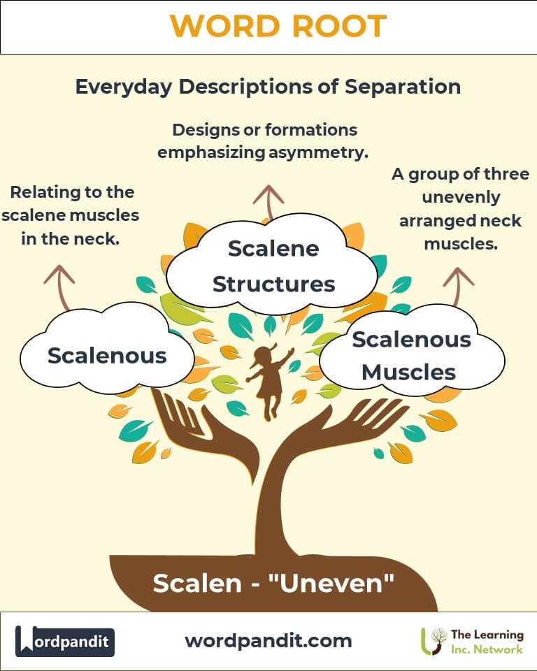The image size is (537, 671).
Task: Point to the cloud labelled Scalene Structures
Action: pyautogui.click(x=273, y=266)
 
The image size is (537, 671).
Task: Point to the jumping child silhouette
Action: pyautogui.click(x=269, y=380)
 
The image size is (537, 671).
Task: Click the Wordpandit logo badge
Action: pyautogui.click(x=65, y=641)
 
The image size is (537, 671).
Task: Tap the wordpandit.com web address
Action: pyautogui.click(x=268, y=640)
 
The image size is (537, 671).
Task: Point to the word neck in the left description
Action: pyautogui.click(x=99, y=238)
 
